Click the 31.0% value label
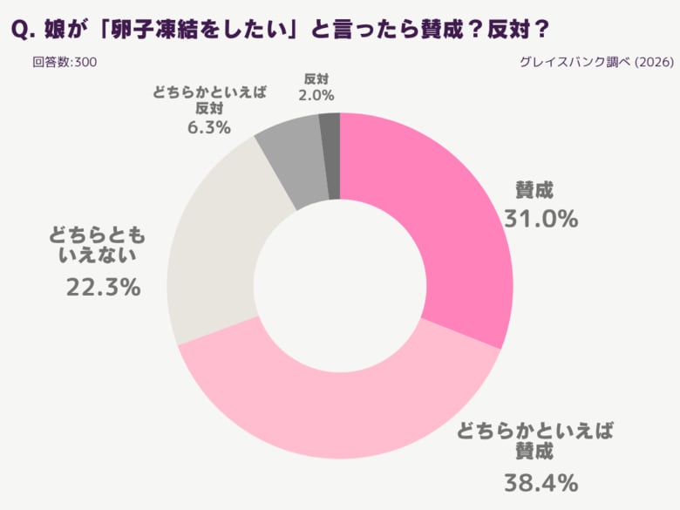(541, 219)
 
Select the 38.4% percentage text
(541, 480)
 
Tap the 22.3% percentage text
(103, 286)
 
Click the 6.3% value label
(208, 127)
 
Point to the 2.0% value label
(316, 95)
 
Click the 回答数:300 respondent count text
(65, 62)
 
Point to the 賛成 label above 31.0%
(534, 189)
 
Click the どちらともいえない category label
(95, 244)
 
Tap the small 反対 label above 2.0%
(316, 77)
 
